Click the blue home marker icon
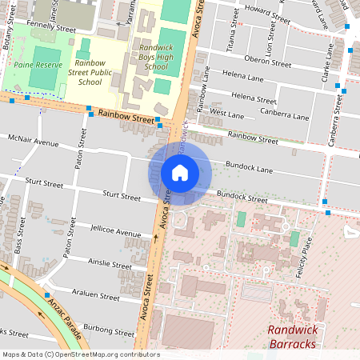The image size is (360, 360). pos(180,173)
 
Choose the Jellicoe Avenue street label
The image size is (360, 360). pos(116,233)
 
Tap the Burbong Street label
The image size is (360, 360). pos(110,330)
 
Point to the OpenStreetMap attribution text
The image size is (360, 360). pos(81,354)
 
